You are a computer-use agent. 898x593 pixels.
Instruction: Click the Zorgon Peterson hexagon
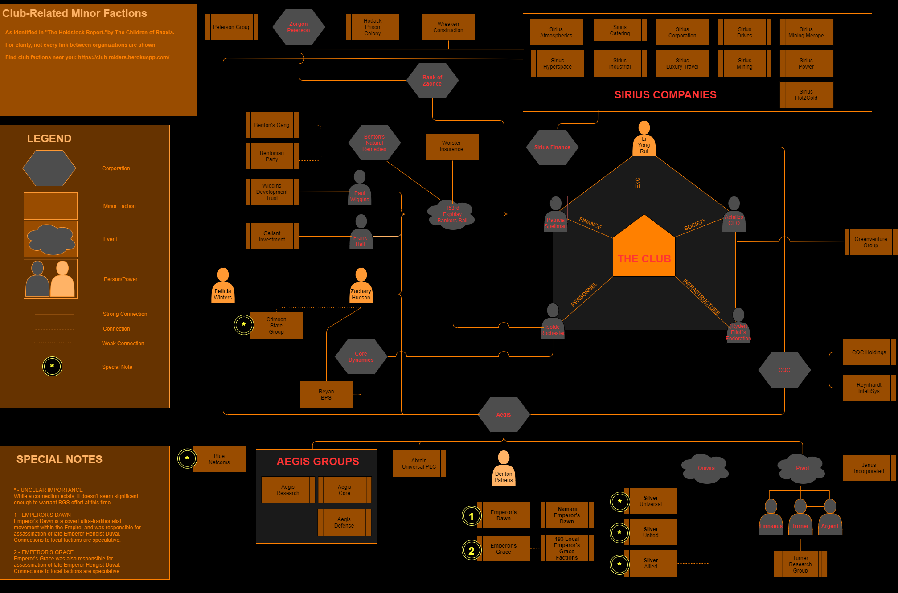click(299, 27)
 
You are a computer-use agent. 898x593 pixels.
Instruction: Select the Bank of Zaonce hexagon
click(432, 81)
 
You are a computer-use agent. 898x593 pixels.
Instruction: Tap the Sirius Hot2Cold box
click(806, 95)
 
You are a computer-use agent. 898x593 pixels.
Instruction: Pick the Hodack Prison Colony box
click(373, 27)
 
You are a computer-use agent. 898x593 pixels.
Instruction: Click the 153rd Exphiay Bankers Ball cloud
click(452, 214)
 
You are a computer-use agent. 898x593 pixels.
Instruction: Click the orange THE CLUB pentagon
click(644, 252)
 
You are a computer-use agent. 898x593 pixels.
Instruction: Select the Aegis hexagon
click(504, 415)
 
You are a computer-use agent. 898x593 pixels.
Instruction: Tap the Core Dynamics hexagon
click(361, 357)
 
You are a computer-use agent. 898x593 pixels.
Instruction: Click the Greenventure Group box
click(870, 242)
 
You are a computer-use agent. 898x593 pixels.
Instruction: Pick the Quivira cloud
click(706, 468)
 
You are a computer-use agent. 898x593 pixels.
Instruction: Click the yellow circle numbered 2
click(472, 551)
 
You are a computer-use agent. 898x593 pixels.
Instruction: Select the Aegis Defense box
click(344, 523)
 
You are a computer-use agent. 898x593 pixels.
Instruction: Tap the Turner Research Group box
click(800, 564)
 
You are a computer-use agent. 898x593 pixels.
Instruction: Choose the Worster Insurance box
click(452, 147)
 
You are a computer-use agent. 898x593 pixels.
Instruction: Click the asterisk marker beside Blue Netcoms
click(187, 458)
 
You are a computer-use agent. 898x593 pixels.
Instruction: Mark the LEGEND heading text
click(49, 139)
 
